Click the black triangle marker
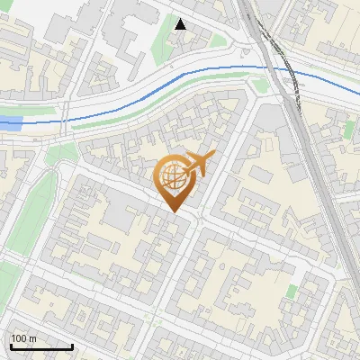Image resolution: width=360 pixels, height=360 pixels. tap(181, 24)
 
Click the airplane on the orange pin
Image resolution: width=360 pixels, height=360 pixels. tap(200, 164)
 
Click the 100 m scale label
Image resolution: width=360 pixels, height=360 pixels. tap(23, 338)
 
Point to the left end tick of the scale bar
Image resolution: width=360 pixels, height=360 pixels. tap(10, 346)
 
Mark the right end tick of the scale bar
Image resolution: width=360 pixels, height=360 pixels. tap(72, 346)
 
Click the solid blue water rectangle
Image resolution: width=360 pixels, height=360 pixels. tap(10, 122)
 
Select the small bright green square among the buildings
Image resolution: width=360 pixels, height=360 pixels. tap(292, 291)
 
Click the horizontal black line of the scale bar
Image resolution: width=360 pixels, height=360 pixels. tap(40, 346)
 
